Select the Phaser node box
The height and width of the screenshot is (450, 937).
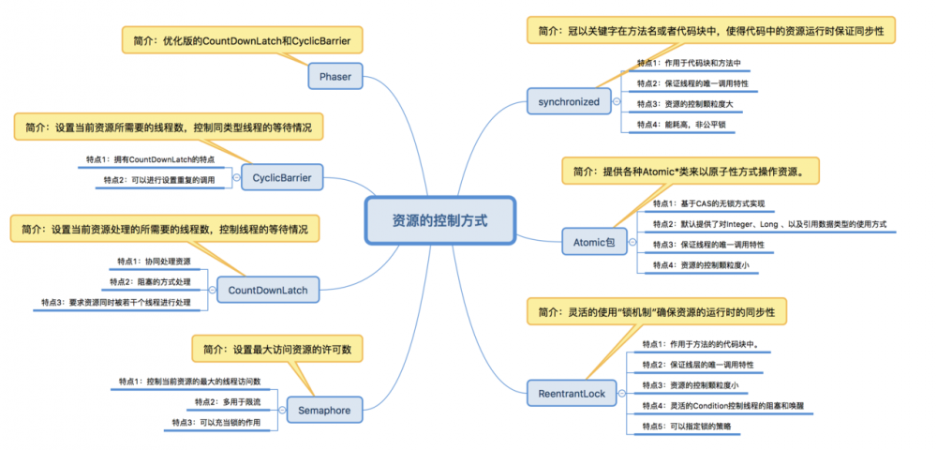(335, 76)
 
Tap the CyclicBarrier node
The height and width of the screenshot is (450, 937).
(282, 176)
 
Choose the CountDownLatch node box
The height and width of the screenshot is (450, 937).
(267, 290)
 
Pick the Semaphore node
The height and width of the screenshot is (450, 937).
(324, 411)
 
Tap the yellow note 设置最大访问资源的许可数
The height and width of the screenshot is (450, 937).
(276, 349)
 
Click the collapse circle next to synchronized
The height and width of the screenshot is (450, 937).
(616, 100)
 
